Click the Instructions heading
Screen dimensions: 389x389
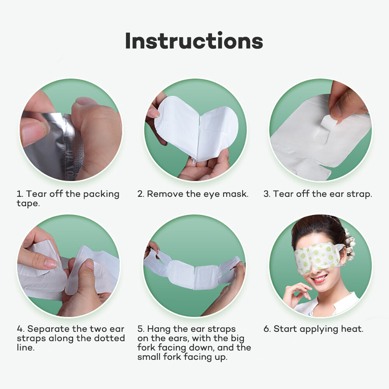tap(194, 41)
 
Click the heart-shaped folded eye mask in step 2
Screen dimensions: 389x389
tap(194, 128)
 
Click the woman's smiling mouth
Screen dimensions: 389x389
tap(319, 279)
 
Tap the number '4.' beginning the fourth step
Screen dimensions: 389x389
tap(21, 329)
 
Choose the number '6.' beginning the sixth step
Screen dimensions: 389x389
tap(267, 329)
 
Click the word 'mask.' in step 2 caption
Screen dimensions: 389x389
tap(235, 194)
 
